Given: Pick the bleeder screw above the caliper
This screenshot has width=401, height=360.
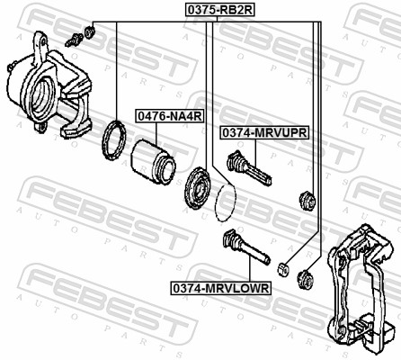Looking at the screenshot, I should click(74, 38).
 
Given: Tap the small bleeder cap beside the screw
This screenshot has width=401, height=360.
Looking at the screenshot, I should click(89, 33).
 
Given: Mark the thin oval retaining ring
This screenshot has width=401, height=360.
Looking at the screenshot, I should click(228, 202).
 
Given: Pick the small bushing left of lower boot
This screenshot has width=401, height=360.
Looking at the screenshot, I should click(281, 267).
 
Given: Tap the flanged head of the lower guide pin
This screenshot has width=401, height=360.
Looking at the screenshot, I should click(227, 239).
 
